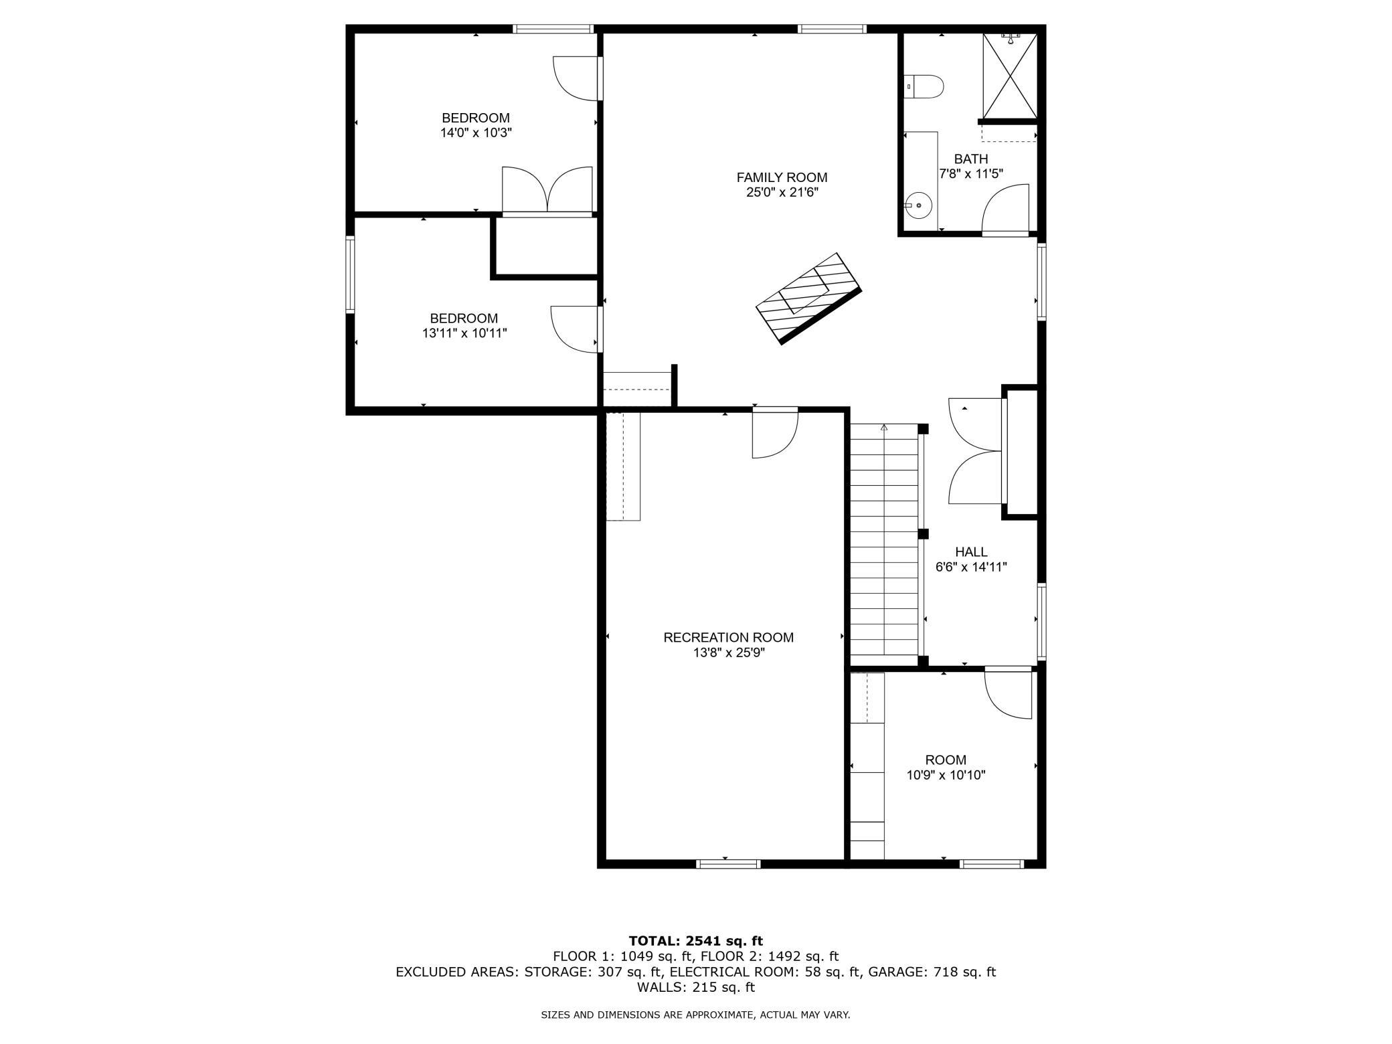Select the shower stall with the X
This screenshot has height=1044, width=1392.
pos(1010,75)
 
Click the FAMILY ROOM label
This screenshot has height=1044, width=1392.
pos(782,177)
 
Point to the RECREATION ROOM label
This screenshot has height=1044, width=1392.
pos(728,638)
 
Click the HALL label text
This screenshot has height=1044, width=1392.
pos(971,552)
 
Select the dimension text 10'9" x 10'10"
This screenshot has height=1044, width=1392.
pos(946,776)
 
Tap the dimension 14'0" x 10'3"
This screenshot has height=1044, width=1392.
pos(476,133)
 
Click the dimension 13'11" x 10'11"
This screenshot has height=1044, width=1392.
pos(464,333)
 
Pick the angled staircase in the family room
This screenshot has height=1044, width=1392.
pos(808,298)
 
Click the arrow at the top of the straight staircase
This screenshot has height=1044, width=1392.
pos(884,428)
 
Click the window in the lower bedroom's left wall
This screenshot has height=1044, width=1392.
pos(350,274)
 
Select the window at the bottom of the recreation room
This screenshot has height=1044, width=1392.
pos(728,864)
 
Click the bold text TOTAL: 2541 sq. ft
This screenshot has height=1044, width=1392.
pos(696,941)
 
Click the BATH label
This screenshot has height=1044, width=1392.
pos(971,159)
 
